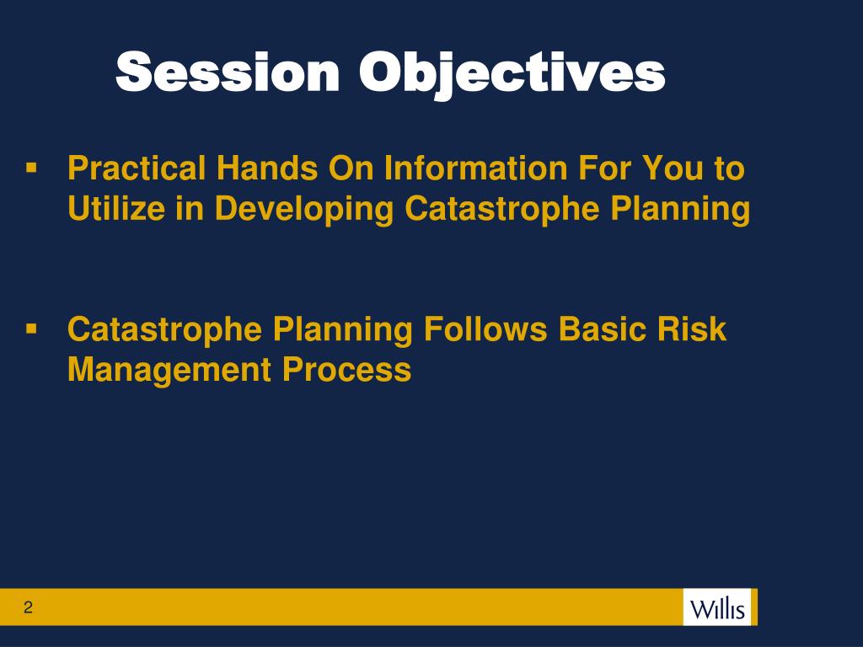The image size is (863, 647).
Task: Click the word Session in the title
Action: click(228, 72)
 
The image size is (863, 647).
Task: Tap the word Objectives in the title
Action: click(512, 74)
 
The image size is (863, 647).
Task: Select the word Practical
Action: click(137, 168)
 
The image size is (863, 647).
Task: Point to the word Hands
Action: click(267, 168)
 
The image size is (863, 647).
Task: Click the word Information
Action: click(475, 168)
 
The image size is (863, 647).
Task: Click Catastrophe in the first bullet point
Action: click(502, 209)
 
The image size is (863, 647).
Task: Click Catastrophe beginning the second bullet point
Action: click(164, 329)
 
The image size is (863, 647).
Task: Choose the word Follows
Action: click(485, 329)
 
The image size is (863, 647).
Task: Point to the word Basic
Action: click(594, 329)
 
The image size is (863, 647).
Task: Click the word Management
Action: click(169, 371)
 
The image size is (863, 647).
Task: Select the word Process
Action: click(346, 369)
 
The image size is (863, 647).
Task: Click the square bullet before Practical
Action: click(31, 168)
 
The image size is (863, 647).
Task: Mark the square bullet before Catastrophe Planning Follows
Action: click(31, 329)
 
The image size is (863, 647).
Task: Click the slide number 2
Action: click(28, 607)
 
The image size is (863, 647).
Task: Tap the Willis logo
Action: click(717, 607)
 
